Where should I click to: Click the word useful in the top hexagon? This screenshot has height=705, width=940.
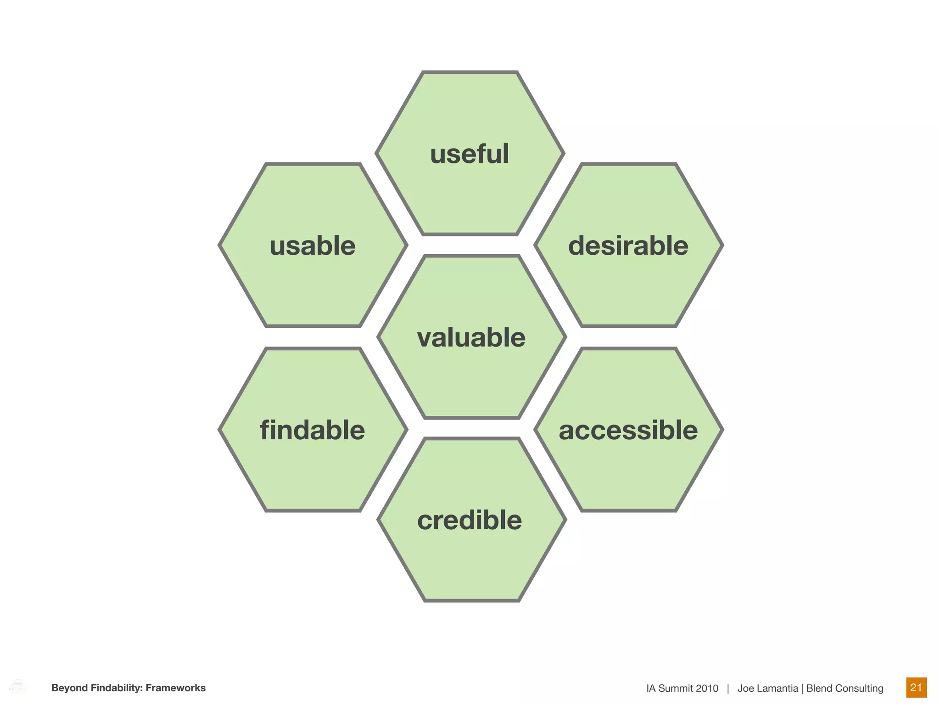coord(470,154)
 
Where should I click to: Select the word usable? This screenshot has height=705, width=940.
coord(313,246)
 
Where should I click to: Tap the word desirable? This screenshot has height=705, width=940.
coord(628,246)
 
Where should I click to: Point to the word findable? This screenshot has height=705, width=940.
coord(313,430)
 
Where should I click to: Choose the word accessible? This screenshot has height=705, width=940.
coord(628,430)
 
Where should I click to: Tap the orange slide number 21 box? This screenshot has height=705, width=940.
coord(916,687)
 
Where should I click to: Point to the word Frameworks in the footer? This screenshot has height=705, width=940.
coord(176,688)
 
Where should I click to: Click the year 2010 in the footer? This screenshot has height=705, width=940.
coord(707,688)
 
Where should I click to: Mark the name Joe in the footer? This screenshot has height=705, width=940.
coord(745,688)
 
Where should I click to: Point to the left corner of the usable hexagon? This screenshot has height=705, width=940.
coord(219,246)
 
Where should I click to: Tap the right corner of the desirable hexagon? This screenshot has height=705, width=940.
coord(723,246)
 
